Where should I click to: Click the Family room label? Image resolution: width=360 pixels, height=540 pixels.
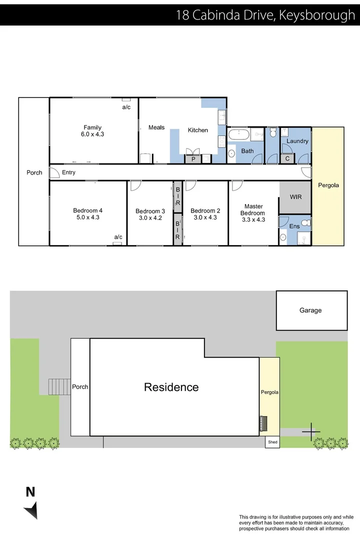(92, 127)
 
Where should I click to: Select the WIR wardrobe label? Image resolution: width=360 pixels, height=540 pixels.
(295, 197)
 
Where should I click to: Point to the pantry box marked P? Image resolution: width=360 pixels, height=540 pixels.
(193, 159)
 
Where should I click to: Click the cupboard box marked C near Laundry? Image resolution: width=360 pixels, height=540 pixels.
(287, 159)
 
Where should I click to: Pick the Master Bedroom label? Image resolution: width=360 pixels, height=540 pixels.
(253, 209)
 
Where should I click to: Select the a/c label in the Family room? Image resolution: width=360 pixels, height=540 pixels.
(126, 107)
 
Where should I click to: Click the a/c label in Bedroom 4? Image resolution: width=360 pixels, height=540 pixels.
(118, 237)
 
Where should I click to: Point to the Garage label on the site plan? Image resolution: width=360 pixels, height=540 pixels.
(310, 310)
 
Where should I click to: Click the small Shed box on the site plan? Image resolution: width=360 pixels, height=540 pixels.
(272, 442)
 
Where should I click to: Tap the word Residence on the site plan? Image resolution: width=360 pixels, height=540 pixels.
(171, 387)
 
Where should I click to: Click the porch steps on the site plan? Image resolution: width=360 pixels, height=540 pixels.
(59, 386)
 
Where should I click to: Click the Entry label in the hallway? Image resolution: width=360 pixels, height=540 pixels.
(68, 172)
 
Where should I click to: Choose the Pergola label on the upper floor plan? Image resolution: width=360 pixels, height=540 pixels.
(328, 185)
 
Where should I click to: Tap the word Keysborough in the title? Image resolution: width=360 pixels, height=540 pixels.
(316, 15)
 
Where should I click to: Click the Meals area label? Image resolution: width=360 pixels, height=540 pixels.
(156, 127)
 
